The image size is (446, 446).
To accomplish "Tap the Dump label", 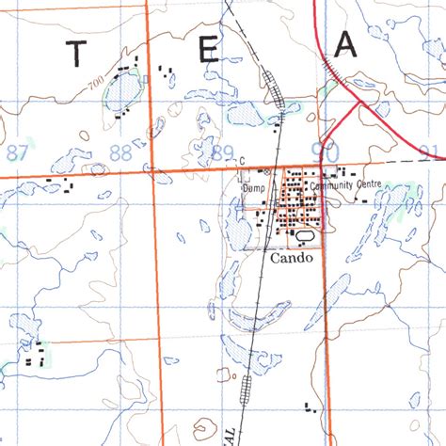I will tap(254, 186).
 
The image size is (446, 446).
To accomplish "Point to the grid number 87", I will tap(17, 152).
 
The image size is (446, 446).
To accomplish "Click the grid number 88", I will tap(119, 152).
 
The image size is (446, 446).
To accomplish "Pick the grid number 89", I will tap(223, 152).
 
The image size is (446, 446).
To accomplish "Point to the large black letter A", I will tap(346, 45).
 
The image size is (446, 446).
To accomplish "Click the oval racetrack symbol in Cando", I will tap(307, 236).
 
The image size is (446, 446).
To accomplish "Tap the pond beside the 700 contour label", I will tap(122, 92).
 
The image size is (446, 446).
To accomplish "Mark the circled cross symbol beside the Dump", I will tap(267, 172).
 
